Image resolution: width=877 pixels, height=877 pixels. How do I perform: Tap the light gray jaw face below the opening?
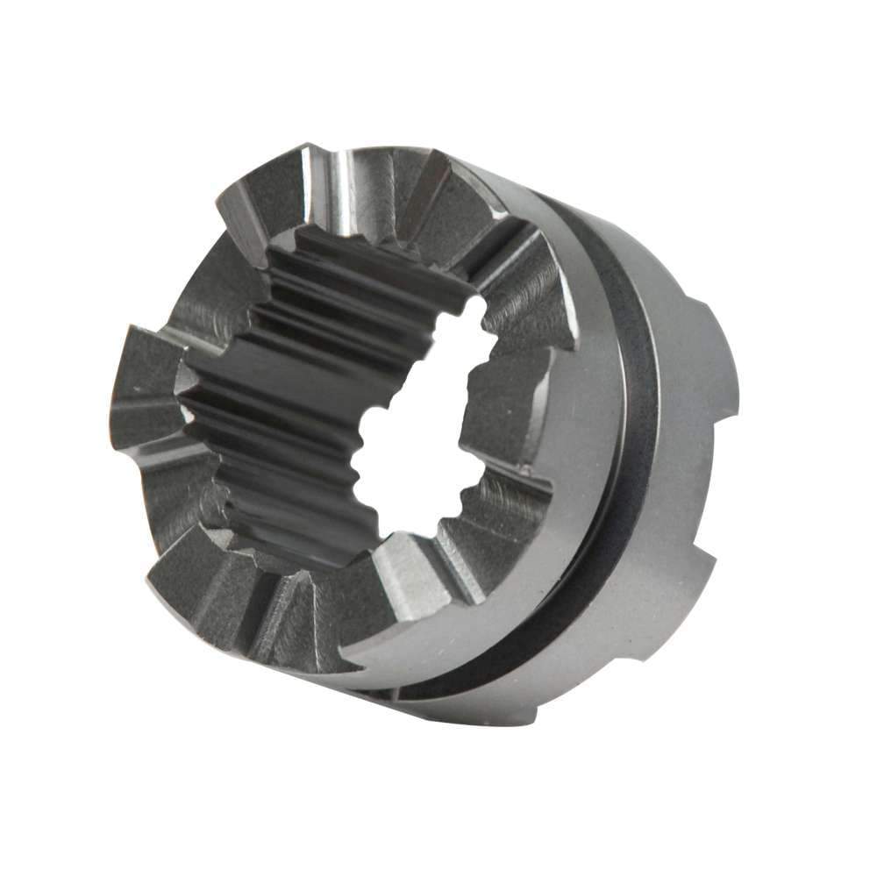point(412,579)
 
